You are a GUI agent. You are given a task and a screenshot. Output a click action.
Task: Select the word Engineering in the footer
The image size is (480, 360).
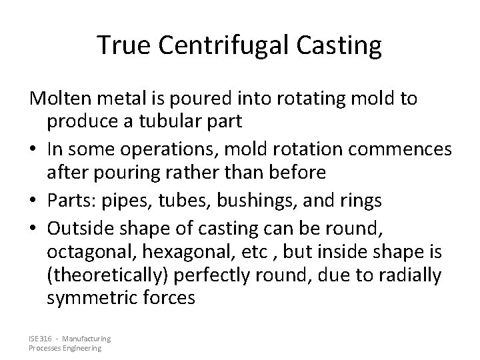pyautogui.click(x=80, y=348)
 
